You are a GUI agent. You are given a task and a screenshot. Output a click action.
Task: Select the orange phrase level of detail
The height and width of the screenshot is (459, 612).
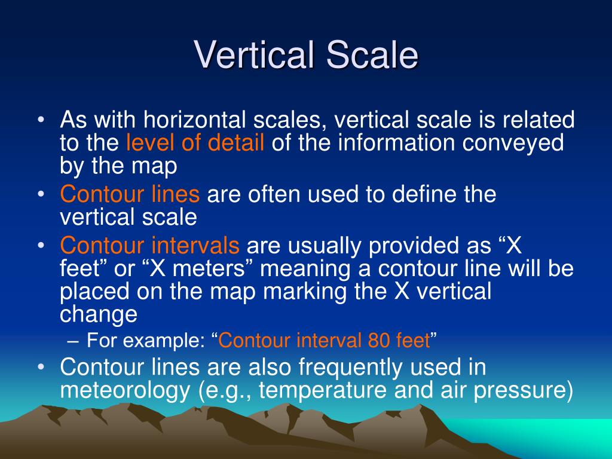[195, 143]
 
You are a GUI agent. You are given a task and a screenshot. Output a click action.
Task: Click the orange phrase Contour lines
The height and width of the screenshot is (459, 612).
[131, 194]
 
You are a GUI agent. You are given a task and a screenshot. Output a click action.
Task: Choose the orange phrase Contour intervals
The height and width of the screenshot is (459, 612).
[150, 245]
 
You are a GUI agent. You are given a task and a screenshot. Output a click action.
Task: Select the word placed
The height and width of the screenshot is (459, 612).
[95, 292]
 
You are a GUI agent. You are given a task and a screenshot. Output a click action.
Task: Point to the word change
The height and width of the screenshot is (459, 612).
[99, 314]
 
